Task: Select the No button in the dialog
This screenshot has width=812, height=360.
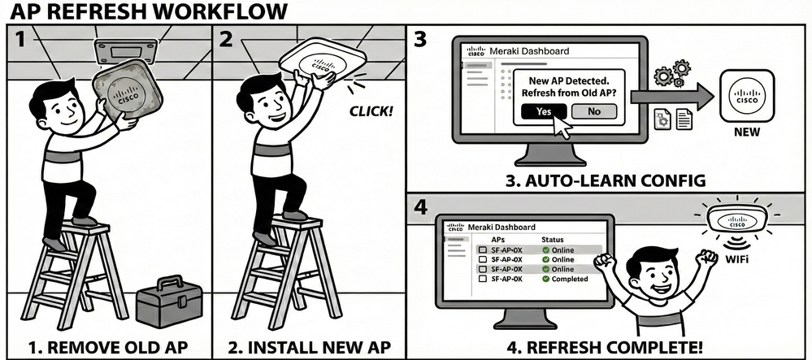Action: [593, 111]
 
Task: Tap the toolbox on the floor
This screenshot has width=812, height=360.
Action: [169, 301]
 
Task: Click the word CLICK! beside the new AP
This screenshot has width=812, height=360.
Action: [367, 108]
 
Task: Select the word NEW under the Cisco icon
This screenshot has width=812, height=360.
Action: [746, 132]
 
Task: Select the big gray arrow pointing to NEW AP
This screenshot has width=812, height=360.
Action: [671, 95]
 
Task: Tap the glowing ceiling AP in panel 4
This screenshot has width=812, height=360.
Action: [738, 219]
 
